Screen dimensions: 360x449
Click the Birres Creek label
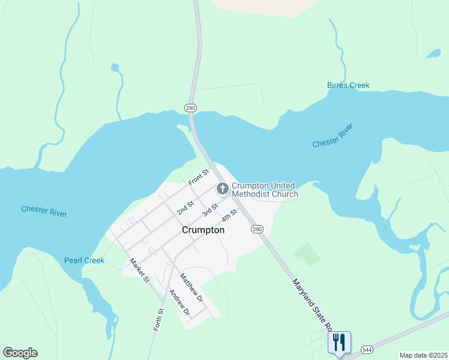(348, 85)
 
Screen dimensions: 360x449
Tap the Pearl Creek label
(84, 260)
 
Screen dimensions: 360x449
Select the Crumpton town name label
(203, 230)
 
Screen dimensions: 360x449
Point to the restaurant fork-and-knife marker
(339, 343)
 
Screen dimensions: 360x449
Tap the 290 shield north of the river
(190, 108)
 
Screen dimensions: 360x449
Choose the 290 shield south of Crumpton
(257, 229)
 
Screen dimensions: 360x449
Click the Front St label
(197, 177)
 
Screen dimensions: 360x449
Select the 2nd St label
(185, 208)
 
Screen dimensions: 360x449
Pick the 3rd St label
(209, 210)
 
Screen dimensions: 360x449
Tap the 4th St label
(229, 214)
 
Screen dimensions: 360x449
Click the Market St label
(139, 271)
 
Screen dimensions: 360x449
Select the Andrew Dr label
(179, 303)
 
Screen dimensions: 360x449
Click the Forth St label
(158, 320)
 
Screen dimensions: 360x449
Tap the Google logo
(20, 353)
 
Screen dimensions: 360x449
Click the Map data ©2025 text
(423, 355)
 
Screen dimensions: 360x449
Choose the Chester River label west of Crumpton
(44, 211)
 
